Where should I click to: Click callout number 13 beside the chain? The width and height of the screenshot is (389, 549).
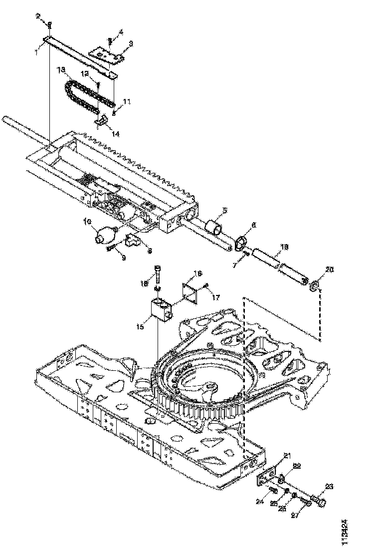(62, 71)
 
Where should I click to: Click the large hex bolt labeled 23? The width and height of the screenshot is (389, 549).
(319, 501)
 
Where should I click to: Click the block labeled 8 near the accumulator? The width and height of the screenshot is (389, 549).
(134, 241)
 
